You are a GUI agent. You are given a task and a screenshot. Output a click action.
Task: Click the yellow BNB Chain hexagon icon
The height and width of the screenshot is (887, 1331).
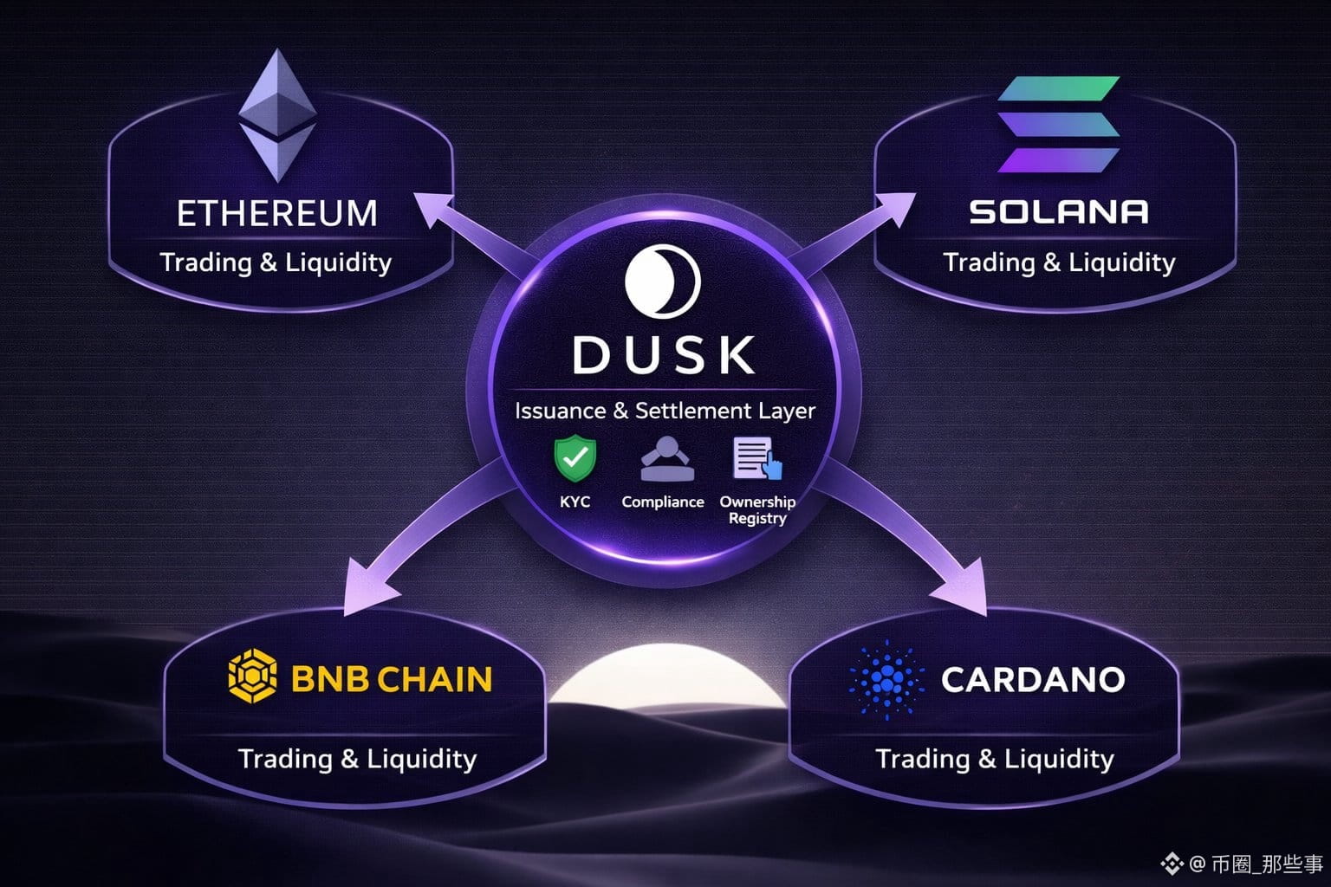click(252, 677)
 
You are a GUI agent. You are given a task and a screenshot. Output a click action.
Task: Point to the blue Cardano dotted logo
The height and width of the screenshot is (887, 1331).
click(886, 679)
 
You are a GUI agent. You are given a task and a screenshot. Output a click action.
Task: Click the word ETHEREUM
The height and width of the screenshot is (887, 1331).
click(277, 213)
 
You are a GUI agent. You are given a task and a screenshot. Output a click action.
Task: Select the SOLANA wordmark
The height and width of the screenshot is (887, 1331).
click(1058, 211)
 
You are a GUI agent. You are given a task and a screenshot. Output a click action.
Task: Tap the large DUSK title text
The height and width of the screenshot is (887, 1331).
click(664, 355)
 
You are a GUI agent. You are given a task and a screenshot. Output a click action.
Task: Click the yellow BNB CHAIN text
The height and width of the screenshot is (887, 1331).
click(391, 678)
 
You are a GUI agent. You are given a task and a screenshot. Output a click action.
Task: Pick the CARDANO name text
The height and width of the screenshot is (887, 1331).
click(1033, 679)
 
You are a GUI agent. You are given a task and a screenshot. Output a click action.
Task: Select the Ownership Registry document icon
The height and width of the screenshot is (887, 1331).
click(756, 457)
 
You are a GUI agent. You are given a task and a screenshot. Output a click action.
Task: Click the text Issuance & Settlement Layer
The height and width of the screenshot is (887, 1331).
click(665, 411)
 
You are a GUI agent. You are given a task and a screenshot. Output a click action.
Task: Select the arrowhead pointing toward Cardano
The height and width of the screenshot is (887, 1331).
click(964, 590)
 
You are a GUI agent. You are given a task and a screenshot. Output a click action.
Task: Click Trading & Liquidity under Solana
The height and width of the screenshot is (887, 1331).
click(1058, 262)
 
